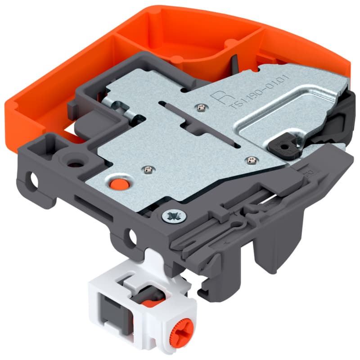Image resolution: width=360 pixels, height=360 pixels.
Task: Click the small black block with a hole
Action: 284,145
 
